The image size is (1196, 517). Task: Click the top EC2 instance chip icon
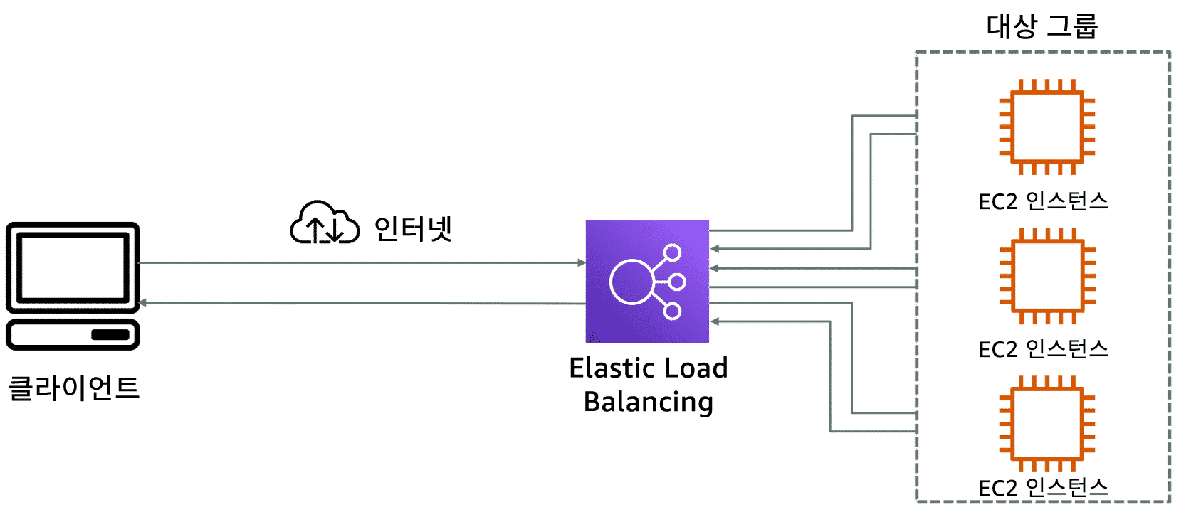(x=1046, y=127)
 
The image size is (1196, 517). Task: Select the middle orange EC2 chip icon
(x=1046, y=276)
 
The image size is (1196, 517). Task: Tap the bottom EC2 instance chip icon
(x=1046, y=424)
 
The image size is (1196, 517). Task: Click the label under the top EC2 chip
(x=1044, y=201)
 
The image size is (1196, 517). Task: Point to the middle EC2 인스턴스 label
(x=1044, y=349)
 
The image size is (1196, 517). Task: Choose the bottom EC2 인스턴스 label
(x=1044, y=488)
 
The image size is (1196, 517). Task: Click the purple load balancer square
(x=647, y=282)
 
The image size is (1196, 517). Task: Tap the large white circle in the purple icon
(x=631, y=282)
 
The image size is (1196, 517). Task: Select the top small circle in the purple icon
(x=672, y=252)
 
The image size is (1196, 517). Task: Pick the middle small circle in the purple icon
(x=677, y=282)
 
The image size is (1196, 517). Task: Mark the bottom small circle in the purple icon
(x=672, y=311)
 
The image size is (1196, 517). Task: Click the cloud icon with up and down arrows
(x=324, y=223)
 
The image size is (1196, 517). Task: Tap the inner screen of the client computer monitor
(x=73, y=267)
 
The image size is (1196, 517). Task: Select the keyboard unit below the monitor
(x=73, y=334)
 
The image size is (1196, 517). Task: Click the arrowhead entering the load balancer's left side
(x=581, y=264)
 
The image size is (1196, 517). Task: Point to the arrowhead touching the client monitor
(x=144, y=304)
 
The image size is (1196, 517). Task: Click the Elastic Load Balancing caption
(x=648, y=386)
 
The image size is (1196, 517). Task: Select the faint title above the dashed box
(x=1044, y=27)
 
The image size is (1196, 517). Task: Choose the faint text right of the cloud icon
(x=414, y=229)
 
